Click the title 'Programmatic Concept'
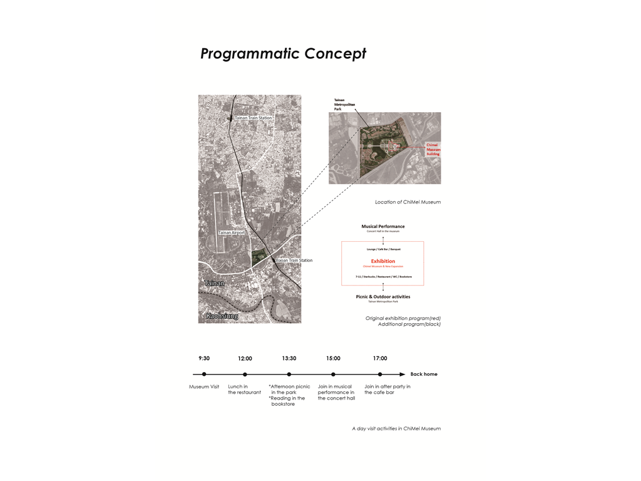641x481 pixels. click(283, 54)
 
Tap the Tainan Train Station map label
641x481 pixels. click(253, 118)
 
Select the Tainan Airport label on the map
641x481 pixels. click(231, 232)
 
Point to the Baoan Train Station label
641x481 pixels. click(294, 261)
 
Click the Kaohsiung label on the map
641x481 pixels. click(222, 316)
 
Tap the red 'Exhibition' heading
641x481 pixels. click(382, 261)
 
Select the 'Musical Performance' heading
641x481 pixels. click(382, 226)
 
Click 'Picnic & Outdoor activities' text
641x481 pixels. click(382, 297)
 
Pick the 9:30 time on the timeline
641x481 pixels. click(204, 358)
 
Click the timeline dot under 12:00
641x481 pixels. click(245, 375)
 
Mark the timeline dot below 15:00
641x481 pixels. click(333, 375)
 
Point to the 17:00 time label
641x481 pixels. click(380, 358)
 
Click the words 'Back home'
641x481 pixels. click(424, 375)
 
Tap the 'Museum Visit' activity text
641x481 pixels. click(204, 386)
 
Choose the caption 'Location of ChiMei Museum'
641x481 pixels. click(408, 202)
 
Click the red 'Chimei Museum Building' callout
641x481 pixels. click(433, 149)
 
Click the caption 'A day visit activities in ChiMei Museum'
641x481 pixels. click(396, 428)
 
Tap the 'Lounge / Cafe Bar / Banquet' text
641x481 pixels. click(383, 249)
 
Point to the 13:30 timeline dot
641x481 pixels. click(289, 375)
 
